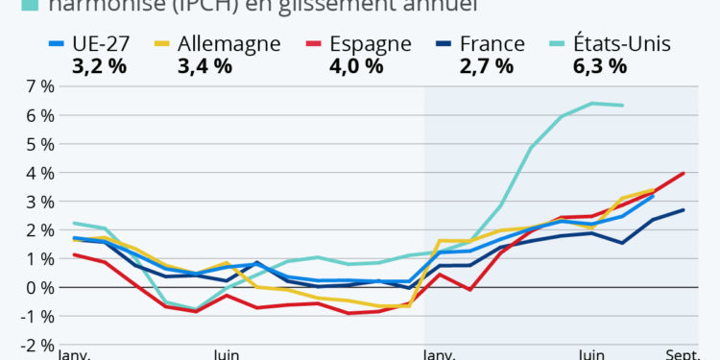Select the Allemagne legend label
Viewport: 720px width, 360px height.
tap(231, 44)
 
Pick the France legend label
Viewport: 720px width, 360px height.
tap(492, 44)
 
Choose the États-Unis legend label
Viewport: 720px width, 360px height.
tap(622, 44)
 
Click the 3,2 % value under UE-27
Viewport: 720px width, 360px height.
tap(99, 66)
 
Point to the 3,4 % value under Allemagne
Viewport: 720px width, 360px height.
tap(204, 66)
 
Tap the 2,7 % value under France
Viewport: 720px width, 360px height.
tap(486, 66)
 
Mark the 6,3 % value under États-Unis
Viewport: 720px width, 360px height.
tap(600, 66)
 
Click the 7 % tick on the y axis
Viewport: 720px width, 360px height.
tap(40, 86)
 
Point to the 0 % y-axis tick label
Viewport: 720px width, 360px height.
tap(40, 287)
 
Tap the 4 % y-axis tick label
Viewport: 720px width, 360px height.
tap(40, 173)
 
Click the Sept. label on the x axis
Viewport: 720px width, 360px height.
tap(684, 354)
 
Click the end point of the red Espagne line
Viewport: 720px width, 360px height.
tap(684, 173)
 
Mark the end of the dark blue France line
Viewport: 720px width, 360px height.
tap(684, 209)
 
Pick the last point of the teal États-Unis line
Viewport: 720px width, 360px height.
tap(623, 106)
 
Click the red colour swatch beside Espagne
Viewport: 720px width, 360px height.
tap(311, 44)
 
